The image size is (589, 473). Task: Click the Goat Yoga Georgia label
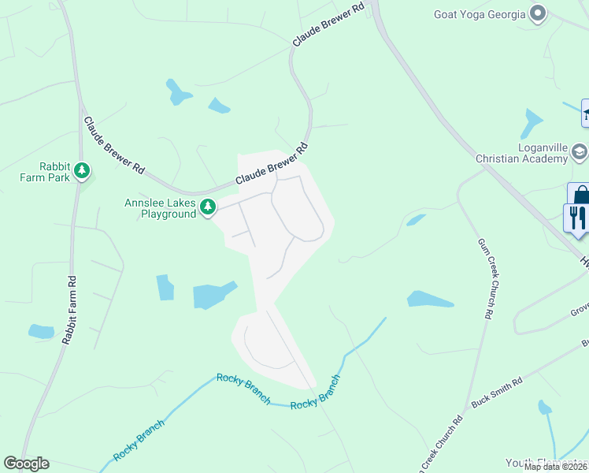[x=479, y=13]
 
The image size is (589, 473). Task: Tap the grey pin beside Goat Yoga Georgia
[x=539, y=13]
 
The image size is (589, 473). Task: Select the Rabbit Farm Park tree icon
[x=82, y=170]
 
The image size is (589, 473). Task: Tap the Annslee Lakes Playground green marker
[x=208, y=207]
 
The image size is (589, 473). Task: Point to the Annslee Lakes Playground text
[x=160, y=208]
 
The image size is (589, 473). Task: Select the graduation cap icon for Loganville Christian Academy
[x=580, y=151]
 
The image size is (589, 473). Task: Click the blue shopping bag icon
[x=581, y=195]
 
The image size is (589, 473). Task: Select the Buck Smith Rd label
[x=496, y=392]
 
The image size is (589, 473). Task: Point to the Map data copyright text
[x=556, y=467]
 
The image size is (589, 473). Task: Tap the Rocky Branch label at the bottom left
[x=139, y=441]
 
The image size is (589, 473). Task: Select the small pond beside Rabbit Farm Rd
[x=41, y=332]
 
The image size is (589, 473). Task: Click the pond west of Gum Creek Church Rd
[x=429, y=300]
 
